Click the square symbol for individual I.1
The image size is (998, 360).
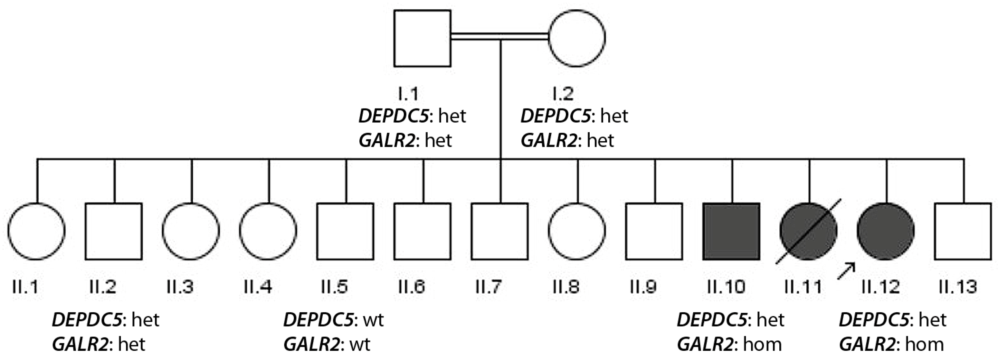click(422, 38)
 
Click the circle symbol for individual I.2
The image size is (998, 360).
click(577, 38)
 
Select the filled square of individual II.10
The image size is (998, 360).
click(731, 231)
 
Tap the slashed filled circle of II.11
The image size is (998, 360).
click(809, 231)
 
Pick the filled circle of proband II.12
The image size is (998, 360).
click(886, 231)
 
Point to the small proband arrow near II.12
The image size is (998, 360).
click(846, 270)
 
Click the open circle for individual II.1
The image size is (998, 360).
click(36, 231)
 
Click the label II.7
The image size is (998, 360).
click(489, 287)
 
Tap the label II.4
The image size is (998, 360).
click(258, 287)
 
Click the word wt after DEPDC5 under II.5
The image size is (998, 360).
click(374, 320)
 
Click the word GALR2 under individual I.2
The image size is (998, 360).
click(548, 140)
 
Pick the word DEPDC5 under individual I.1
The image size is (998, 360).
click(394, 116)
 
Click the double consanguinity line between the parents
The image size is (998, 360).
click(500, 36)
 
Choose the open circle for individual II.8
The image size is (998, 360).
click(577, 231)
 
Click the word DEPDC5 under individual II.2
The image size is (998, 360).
click(87, 320)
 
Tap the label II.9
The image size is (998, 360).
click(643, 287)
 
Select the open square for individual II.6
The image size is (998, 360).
click(422, 231)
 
